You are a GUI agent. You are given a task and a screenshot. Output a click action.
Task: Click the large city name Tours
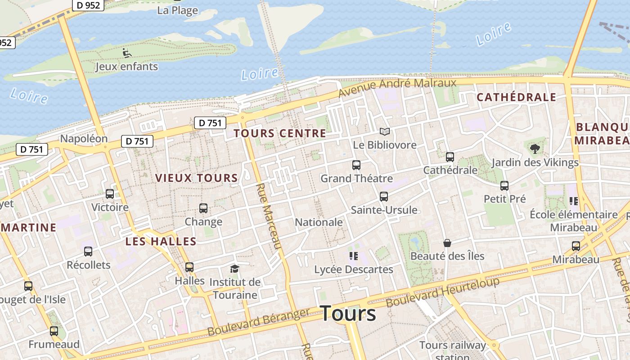tap(348, 313)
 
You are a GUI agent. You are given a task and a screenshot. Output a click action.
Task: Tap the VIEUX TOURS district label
tap(197, 178)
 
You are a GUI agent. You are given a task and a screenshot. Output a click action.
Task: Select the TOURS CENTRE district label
tap(280, 133)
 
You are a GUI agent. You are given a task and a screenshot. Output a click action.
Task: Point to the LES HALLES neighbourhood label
tap(161, 241)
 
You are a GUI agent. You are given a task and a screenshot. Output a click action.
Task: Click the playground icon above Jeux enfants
tap(127, 53)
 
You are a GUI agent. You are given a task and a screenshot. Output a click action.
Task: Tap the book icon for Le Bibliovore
tap(384, 131)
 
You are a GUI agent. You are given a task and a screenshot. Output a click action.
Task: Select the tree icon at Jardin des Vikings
tap(535, 148)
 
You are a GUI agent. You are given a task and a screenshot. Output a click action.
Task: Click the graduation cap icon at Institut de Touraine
tap(234, 269)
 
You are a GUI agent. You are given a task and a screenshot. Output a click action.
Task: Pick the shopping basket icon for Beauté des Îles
tap(447, 243)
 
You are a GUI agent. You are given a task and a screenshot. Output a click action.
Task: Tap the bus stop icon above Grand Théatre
tap(356, 165)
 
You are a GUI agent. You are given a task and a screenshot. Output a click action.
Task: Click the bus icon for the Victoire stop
tap(110, 194)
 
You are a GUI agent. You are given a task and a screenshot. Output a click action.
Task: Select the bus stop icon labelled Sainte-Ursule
tap(384, 197)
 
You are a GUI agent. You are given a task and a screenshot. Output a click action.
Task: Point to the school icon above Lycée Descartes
tap(353, 256)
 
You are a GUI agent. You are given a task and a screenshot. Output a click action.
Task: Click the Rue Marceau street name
tap(269, 216)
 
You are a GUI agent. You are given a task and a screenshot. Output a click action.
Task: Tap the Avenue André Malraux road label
tap(397, 88)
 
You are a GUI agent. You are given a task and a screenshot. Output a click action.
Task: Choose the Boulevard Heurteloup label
tap(443, 292)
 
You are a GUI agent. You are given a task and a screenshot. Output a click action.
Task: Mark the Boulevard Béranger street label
tap(258, 322)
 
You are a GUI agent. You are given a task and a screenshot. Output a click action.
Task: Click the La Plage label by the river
tap(178, 10)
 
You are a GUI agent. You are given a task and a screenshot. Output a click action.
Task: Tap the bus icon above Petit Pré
tap(504, 185)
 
